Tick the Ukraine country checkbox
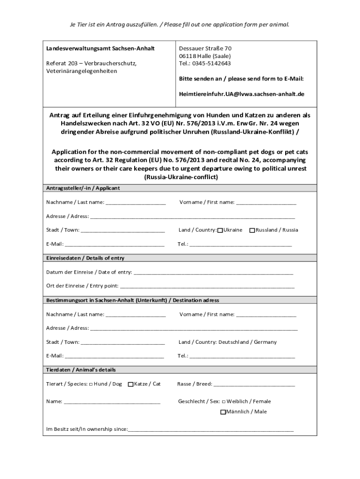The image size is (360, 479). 220,230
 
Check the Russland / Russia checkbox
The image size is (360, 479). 252,230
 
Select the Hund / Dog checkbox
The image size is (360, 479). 91,384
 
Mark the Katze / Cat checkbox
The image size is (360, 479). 130,384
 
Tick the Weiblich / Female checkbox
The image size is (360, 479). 223,401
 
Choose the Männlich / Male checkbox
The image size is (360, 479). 223,412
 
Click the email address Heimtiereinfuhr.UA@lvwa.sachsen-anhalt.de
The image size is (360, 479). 241,94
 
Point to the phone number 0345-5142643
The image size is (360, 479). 212,64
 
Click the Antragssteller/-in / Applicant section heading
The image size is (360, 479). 83,188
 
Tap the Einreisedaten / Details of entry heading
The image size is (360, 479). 85,258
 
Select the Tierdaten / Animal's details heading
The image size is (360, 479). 80,370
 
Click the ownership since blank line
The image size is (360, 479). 210,429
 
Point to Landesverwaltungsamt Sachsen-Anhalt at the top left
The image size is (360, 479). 100,49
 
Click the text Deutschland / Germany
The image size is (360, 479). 247,342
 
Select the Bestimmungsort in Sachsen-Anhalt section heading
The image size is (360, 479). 132,300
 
